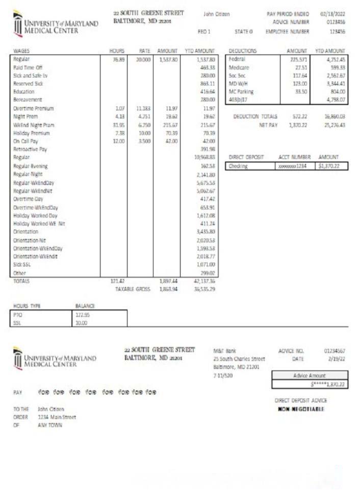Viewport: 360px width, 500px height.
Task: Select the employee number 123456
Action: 337,31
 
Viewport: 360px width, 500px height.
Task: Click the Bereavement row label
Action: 28,99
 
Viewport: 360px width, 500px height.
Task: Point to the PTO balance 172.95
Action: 82,315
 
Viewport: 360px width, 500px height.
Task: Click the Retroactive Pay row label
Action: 30,149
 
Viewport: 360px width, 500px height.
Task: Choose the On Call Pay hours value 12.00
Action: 119,141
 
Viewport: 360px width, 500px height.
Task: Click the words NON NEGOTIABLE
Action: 300,409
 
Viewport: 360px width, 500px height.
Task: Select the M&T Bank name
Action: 225,351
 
